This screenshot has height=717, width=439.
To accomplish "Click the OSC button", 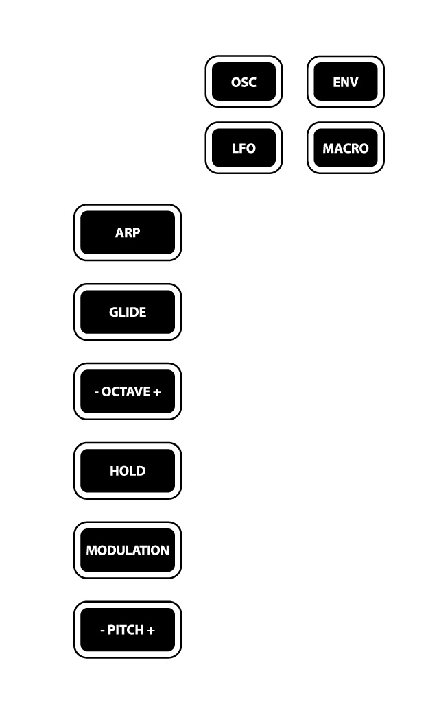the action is pos(244,82).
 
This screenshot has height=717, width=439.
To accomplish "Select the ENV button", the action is pos(346,82).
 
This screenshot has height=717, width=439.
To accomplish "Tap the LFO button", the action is pos(244,147).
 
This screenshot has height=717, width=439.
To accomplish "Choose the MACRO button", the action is pos(346,147).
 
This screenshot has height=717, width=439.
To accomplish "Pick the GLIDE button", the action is pos(128,312).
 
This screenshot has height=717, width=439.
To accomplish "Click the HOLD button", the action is pos(128,470).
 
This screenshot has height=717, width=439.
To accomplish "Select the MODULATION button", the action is pos(128,550).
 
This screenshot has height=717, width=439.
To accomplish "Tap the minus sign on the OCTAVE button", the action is pos(97,392).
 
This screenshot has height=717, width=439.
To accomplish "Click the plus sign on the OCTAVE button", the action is pos(156,392).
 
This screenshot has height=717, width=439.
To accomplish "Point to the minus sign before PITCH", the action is pos(102,631).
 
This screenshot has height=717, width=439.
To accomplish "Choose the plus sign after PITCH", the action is pos(151,630).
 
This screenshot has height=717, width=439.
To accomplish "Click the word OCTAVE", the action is pos(126,391).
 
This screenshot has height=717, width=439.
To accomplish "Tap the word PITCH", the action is pos(126,630).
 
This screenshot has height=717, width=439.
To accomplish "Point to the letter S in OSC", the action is pos(244,82).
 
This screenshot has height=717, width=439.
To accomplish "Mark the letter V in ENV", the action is pos(353,82).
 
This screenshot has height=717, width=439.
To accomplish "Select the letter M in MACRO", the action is pos(328,148).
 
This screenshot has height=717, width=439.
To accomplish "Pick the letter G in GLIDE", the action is pos(114,312).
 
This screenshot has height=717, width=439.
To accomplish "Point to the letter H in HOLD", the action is pos(115,470).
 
